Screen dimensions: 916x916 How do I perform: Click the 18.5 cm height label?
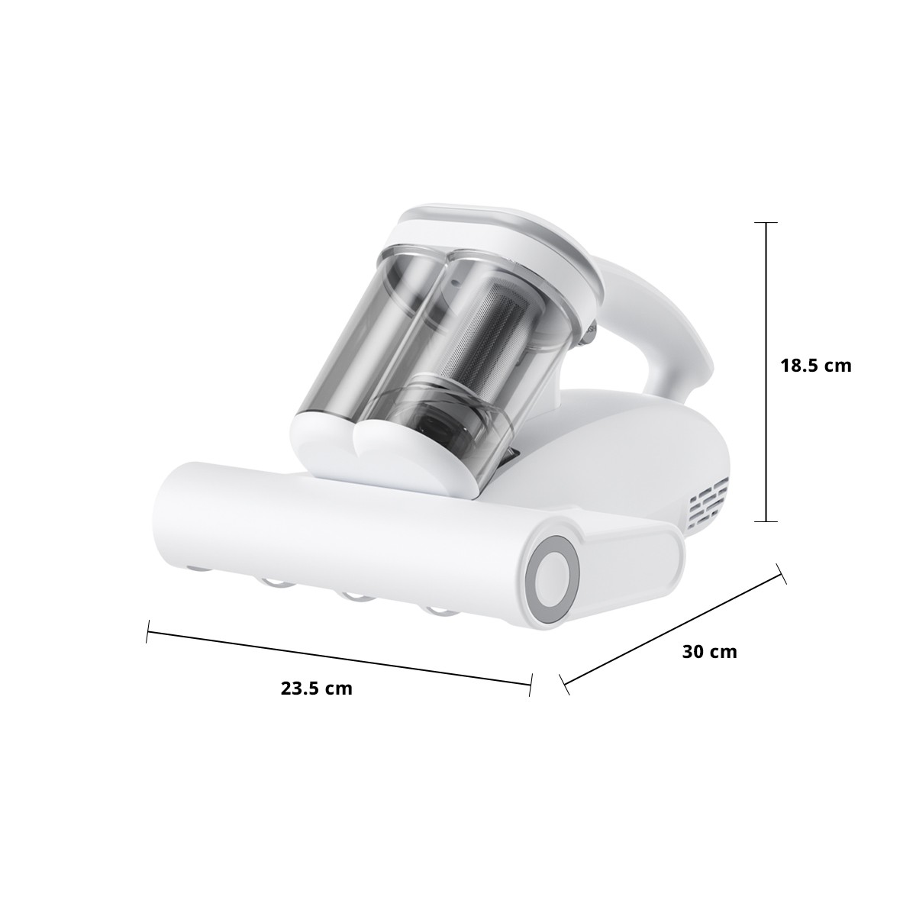coord(816,366)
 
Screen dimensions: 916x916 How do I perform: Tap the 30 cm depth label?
coord(710,651)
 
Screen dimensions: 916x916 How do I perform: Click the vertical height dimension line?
coord(766,372)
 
